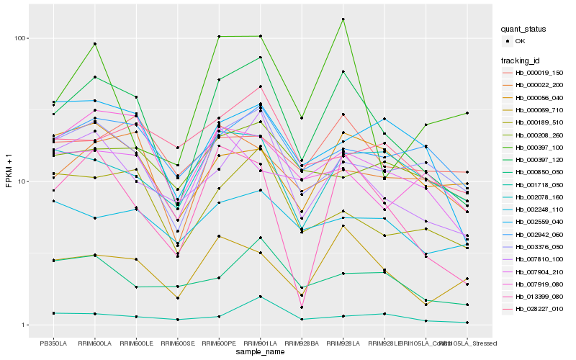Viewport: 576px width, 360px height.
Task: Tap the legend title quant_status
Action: tap(526, 29)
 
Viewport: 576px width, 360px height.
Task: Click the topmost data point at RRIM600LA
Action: tap(94, 44)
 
